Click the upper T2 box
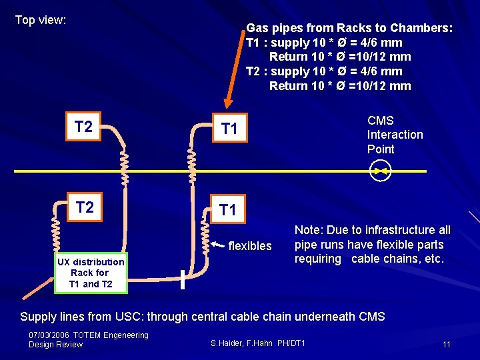tap(83, 127)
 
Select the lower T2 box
tap(85, 207)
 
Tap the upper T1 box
tap(229, 128)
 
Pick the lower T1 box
tap(228, 210)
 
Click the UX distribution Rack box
tap(91, 273)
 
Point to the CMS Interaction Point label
tap(395, 135)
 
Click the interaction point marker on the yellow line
tap(381, 171)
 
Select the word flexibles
tap(250, 246)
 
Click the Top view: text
tap(41, 20)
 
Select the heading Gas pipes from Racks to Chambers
tap(349, 28)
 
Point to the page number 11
tap(446, 344)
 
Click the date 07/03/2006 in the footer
tap(49, 335)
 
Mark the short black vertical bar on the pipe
tap(183, 279)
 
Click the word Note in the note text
tap(307, 230)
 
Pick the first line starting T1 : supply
tap(324, 43)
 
